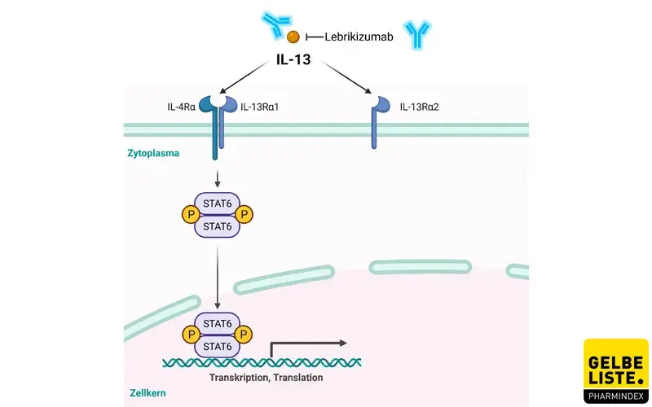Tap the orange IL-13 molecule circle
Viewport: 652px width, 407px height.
[293, 37]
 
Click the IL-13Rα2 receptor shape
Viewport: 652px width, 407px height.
[377, 122]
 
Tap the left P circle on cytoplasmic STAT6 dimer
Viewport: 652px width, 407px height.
[190, 215]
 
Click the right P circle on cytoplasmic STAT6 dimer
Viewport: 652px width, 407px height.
[244, 215]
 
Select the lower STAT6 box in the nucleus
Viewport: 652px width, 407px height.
[217, 346]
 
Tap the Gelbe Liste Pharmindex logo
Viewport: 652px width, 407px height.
[615, 371]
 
